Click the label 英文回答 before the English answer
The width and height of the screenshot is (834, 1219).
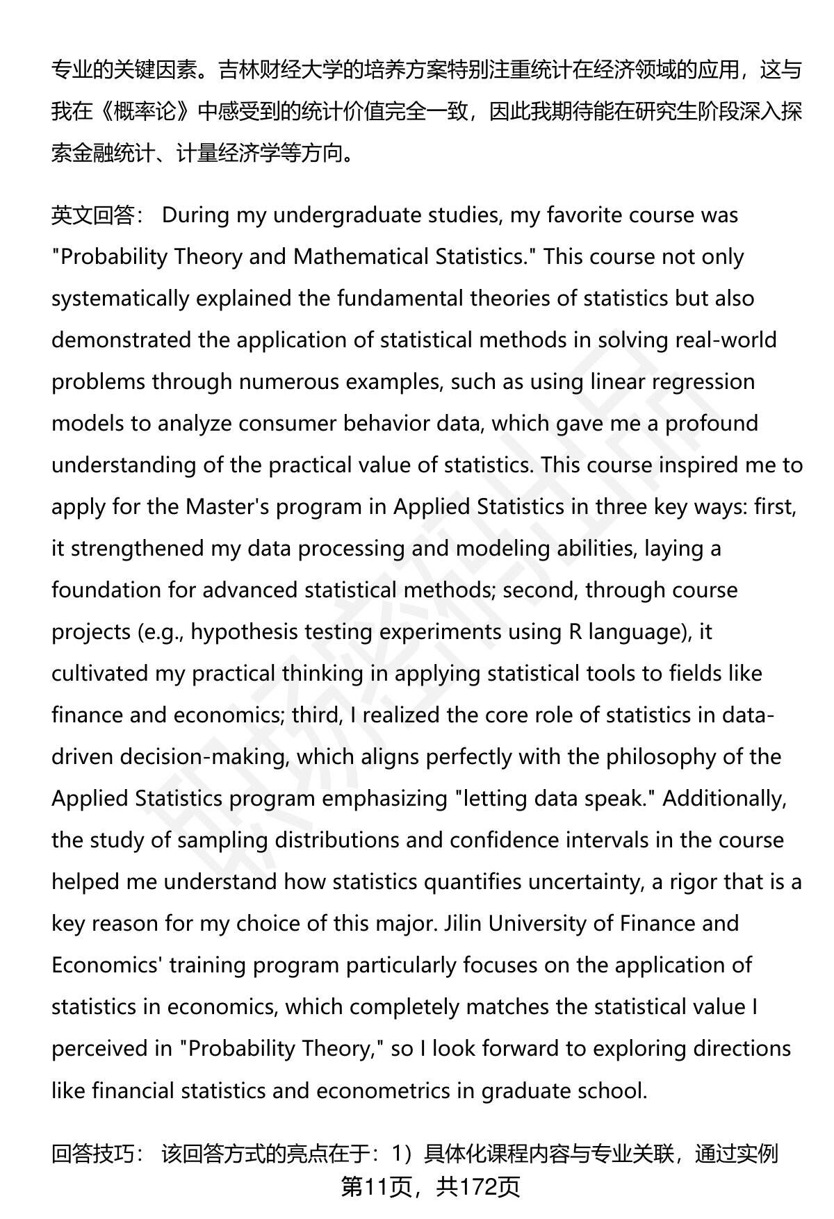[x=94, y=215]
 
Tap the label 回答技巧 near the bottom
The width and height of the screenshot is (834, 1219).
[x=94, y=1154]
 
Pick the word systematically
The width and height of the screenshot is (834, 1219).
[x=120, y=299]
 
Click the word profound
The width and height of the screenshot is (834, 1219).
[x=712, y=424]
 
